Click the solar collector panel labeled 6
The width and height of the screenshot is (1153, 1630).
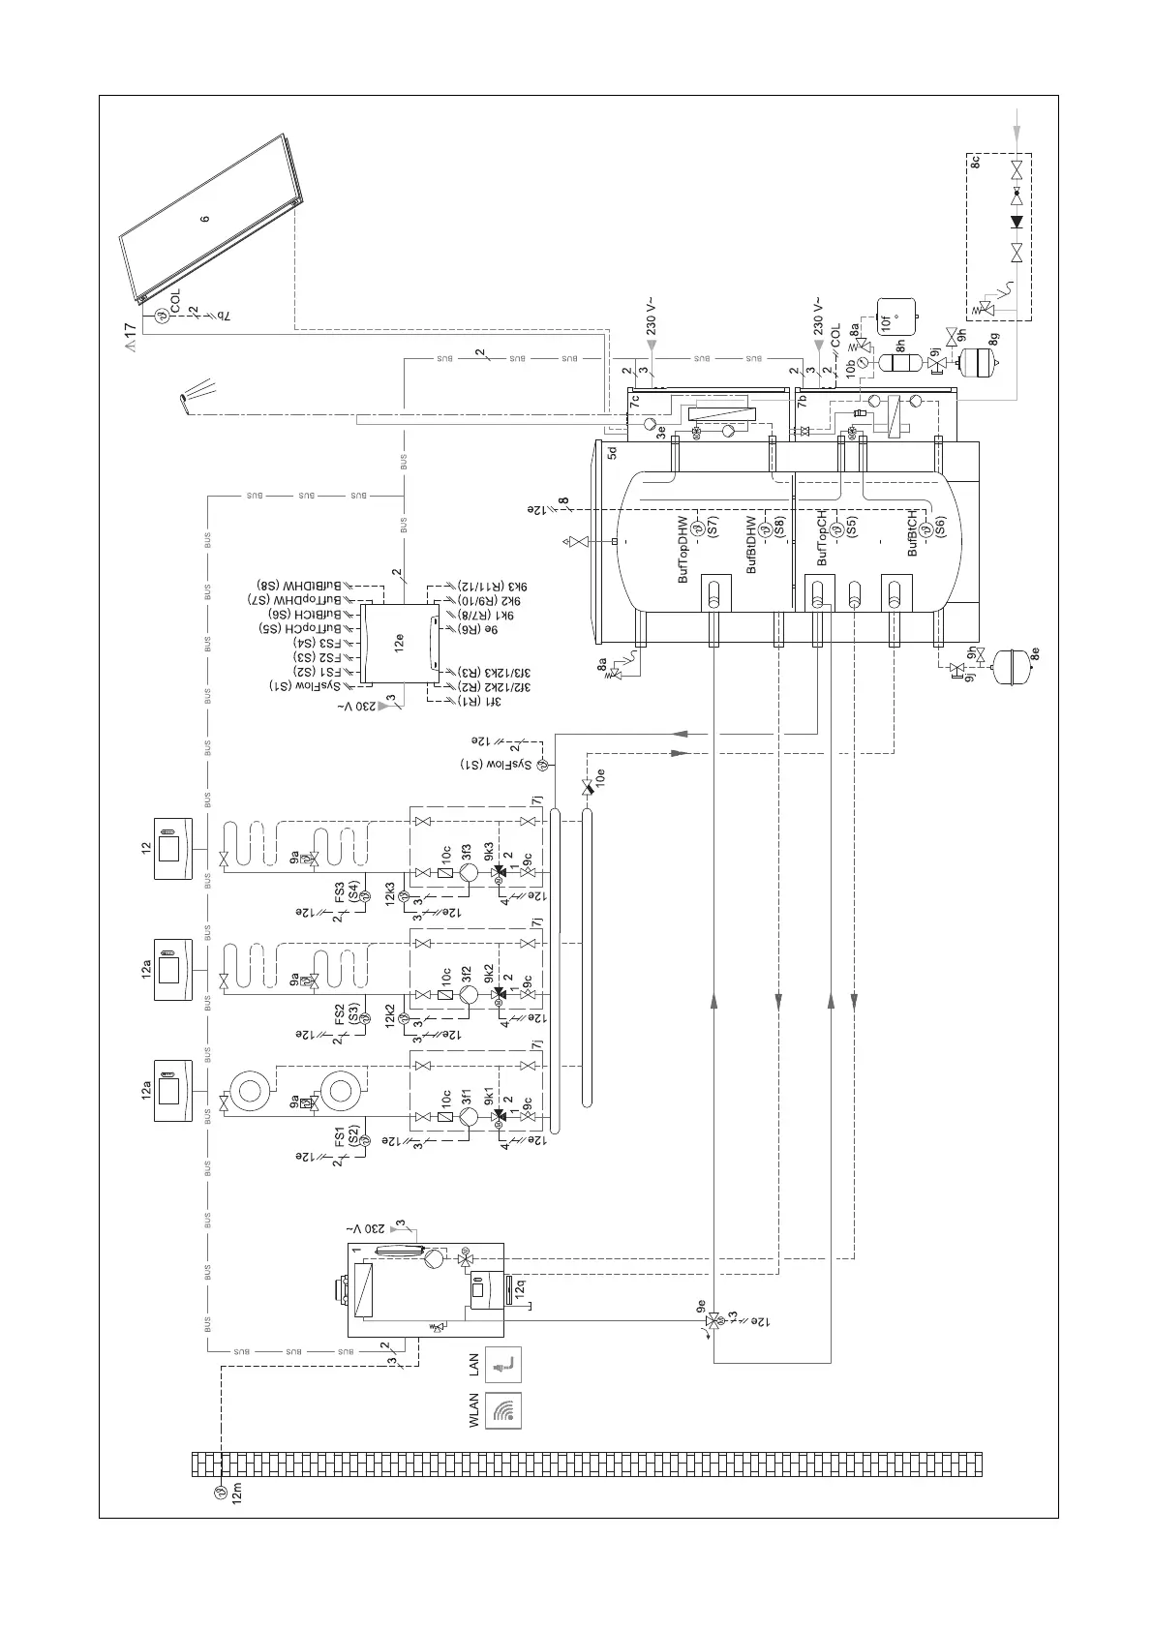point(208,219)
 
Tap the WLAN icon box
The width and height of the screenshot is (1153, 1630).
point(503,1410)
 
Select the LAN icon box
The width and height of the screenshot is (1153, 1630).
point(503,1364)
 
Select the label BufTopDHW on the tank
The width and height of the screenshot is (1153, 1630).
point(684,550)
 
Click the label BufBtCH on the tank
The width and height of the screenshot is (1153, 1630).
point(913,533)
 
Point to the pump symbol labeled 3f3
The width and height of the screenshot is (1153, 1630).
point(467,872)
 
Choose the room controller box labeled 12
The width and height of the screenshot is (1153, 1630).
point(173,849)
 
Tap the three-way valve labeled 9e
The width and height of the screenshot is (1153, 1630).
point(713,1320)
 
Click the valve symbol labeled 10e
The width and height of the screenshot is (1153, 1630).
point(587,788)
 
